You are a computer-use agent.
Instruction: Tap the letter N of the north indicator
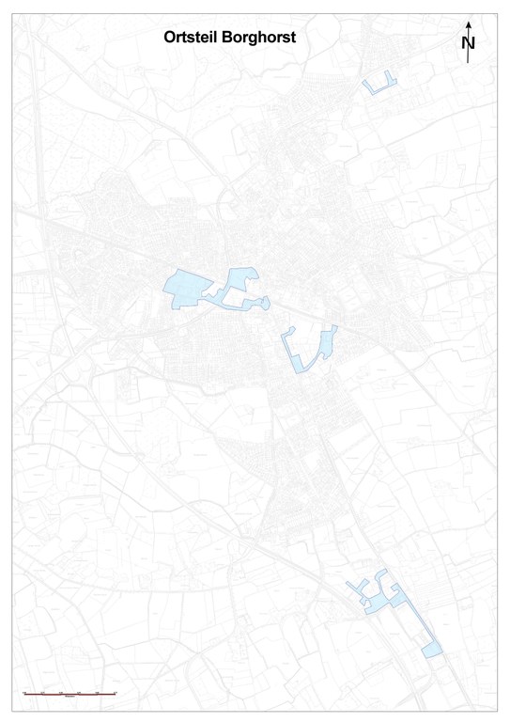469,42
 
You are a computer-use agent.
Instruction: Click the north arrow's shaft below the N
468,56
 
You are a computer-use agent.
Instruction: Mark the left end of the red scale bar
24,693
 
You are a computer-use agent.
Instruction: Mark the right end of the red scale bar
115,693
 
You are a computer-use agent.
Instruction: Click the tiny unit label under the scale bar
70,698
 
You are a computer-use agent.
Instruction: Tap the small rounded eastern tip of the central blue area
267,303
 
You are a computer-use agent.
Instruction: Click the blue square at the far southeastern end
432,650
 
